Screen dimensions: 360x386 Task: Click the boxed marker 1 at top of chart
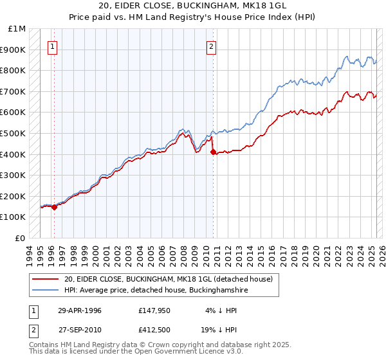[53, 46]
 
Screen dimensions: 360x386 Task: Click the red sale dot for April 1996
[54, 207]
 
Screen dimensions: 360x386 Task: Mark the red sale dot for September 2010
[212, 152]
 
